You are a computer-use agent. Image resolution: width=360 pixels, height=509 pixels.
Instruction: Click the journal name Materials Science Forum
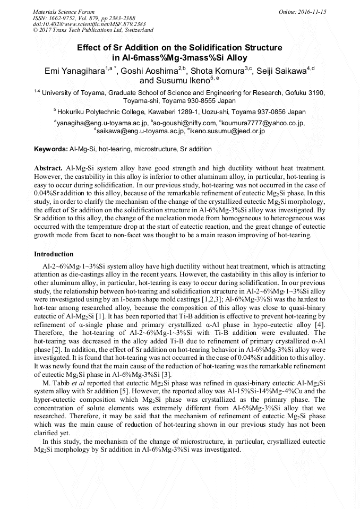(x=64, y=11)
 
